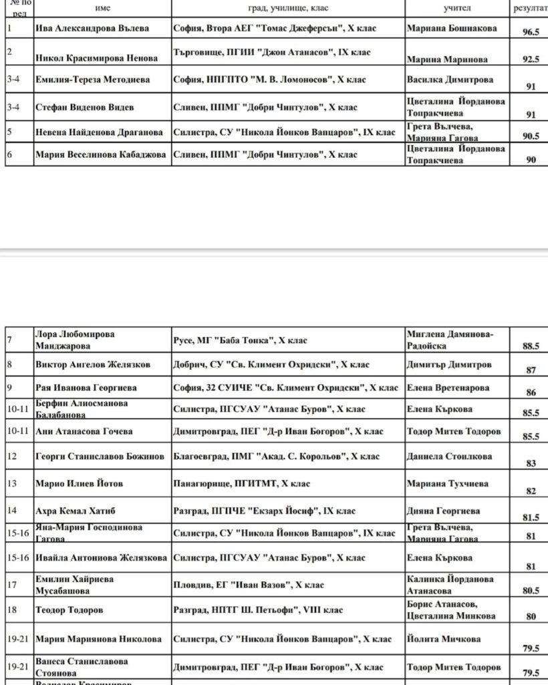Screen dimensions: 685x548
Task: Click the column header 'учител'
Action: click(457, 7)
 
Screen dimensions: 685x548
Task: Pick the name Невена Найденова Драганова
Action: click(101, 132)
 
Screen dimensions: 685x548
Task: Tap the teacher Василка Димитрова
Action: click(450, 80)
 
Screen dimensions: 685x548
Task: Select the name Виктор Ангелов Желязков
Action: click(93, 365)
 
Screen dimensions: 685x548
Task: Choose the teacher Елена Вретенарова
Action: click(448, 388)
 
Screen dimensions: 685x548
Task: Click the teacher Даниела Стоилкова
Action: click(449, 457)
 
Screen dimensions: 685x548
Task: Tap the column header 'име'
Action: click(103, 7)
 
